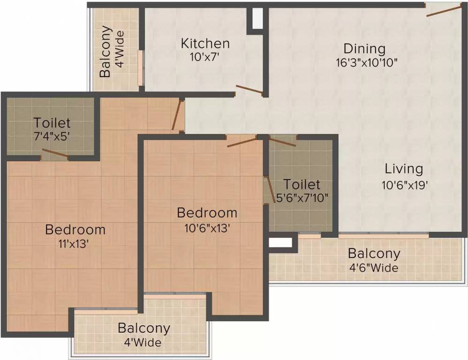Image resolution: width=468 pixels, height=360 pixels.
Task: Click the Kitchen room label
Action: [x=205, y=44]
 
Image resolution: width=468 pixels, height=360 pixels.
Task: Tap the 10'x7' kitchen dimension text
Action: [x=205, y=57]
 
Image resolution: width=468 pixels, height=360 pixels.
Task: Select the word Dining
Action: [x=364, y=49]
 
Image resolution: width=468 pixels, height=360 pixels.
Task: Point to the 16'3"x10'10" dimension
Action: [x=367, y=63]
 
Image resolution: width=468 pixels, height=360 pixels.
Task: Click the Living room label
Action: [x=404, y=169]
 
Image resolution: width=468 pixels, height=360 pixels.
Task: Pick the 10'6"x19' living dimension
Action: [x=405, y=186]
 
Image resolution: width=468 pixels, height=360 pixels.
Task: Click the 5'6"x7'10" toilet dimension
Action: [x=302, y=198]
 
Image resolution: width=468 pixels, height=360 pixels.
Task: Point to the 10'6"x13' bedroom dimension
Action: [x=207, y=228]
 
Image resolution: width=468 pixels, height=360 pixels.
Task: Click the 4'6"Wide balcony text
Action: [x=374, y=268]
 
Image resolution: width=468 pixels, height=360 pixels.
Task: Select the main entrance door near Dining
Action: [x=444, y=11]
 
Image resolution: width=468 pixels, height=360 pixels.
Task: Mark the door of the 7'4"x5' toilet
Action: [x=55, y=153]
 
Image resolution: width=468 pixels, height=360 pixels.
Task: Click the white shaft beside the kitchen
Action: [x=257, y=18]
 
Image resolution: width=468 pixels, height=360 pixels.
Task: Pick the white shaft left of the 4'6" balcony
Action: [x=280, y=242]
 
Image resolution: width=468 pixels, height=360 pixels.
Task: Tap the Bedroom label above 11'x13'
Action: [x=75, y=230]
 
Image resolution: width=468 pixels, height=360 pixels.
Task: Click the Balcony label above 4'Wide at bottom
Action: [x=144, y=329]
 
